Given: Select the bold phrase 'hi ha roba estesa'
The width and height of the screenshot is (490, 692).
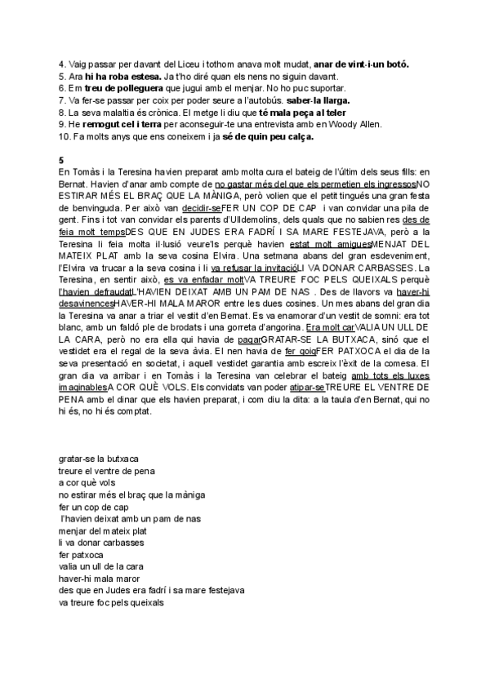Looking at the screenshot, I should click(x=114, y=76).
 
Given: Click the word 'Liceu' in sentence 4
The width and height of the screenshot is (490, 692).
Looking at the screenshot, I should click(x=158, y=64).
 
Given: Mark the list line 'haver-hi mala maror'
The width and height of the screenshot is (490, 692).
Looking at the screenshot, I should click(x=100, y=579).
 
